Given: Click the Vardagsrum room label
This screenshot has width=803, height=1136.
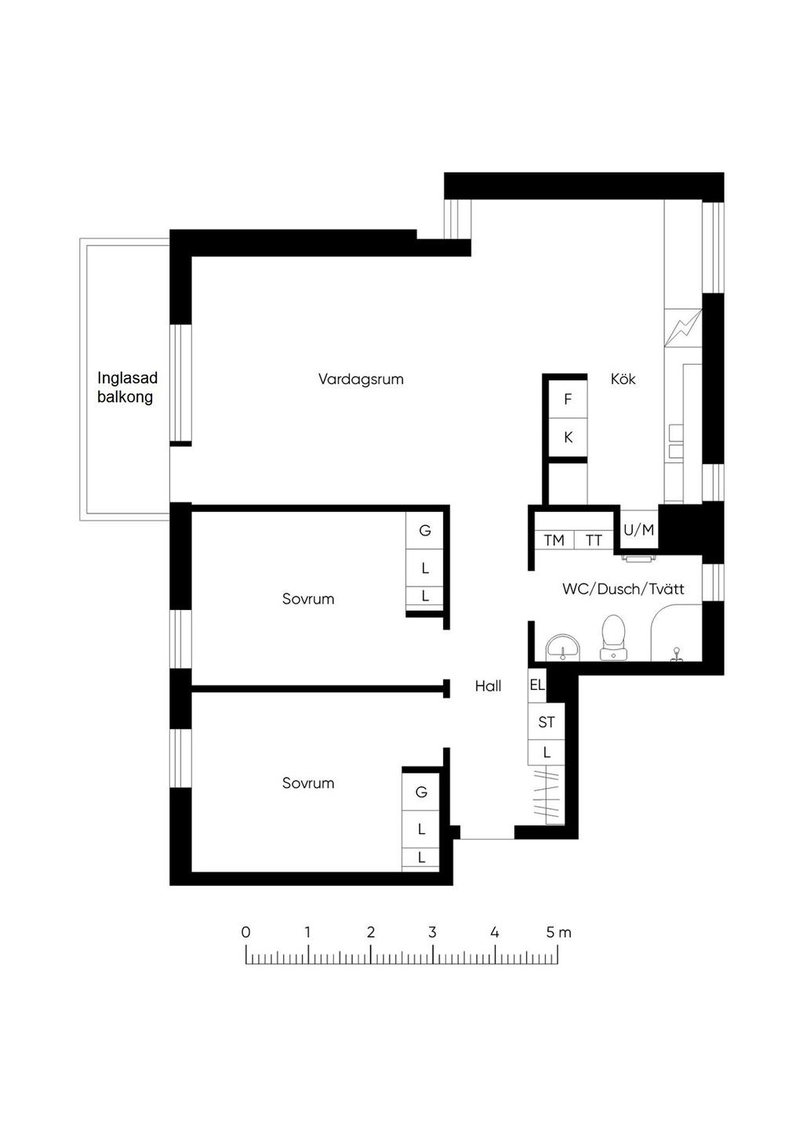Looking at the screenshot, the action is (x=361, y=379).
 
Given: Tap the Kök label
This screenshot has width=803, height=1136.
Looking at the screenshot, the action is (x=623, y=379).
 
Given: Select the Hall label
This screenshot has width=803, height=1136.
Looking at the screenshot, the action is (x=488, y=686).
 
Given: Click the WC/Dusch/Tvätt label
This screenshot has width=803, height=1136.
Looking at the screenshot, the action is (x=623, y=589).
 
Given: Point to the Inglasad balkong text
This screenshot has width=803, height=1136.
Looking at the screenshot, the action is (x=127, y=387).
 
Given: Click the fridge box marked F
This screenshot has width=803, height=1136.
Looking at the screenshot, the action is (x=568, y=400).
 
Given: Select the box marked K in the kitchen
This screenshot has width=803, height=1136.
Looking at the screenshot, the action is (x=568, y=437).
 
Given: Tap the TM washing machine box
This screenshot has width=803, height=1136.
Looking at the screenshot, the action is (x=554, y=540).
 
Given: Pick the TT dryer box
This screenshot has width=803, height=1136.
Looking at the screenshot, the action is (x=594, y=540).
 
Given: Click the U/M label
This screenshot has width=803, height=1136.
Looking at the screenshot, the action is (x=638, y=530).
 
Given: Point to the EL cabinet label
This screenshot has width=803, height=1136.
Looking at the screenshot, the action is (x=536, y=685).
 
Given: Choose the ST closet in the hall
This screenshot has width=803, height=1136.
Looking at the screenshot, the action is (x=547, y=722).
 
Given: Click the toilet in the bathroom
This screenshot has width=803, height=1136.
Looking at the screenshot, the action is (x=612, y=638).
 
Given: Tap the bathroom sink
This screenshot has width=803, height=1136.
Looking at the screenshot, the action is (x=563, y=648).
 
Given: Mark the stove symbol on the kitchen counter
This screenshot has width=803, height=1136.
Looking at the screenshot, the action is (x=683, y=328).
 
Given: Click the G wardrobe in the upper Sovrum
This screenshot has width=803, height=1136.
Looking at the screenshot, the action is (x=425, y=531).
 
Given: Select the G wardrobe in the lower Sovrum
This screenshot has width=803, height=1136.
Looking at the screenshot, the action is (x=421, y=792).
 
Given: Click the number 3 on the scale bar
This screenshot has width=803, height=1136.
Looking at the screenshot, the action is (x=432, y=932).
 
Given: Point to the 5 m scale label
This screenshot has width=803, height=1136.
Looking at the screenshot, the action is (x=558, y=932).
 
